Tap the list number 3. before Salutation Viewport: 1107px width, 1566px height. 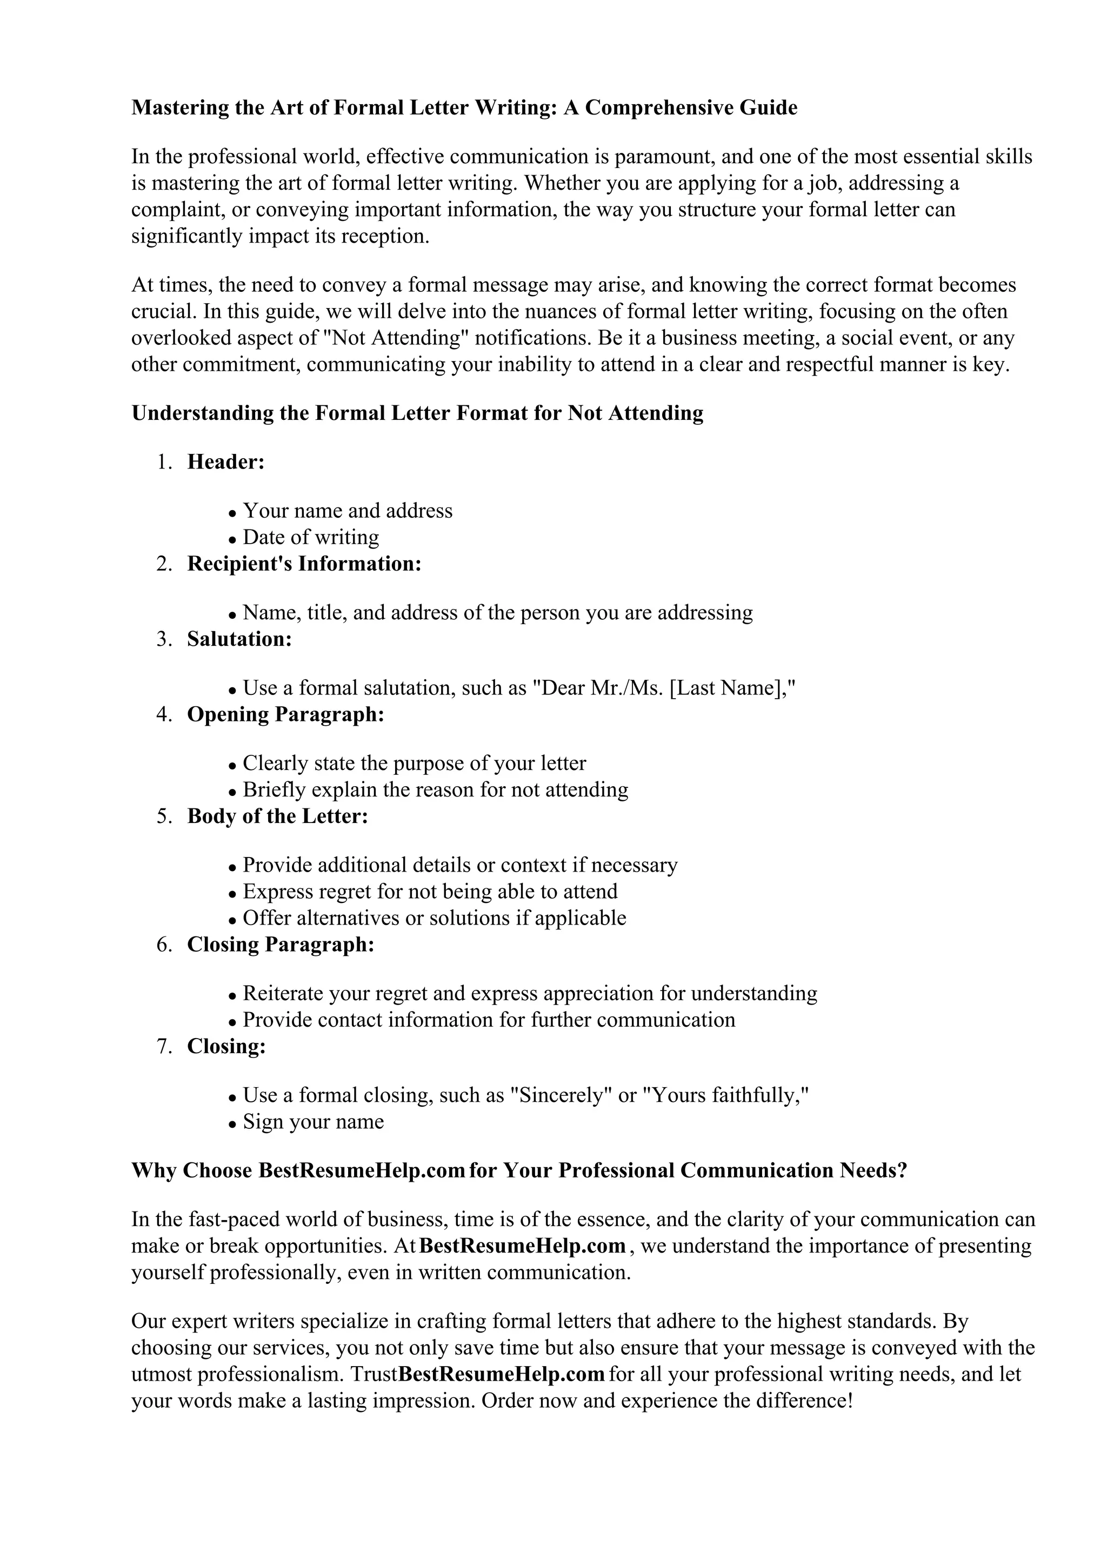tap(164, 639)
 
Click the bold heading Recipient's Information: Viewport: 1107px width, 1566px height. tap(304, 564)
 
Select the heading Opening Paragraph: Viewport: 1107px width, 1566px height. tap(286, 715)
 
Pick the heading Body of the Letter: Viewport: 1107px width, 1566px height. tap(278, 817)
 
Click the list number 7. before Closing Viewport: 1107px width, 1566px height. tap(164, 1046)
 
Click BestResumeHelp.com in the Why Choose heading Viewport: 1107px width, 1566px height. tap(362, 1170)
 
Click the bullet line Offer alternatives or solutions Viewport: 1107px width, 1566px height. tap(434, 918)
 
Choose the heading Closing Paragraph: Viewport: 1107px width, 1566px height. tap(281, 945)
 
